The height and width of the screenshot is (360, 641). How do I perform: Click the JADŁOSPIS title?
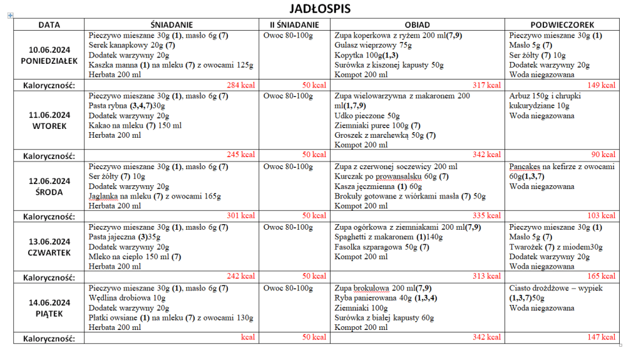click(x=320, y=9)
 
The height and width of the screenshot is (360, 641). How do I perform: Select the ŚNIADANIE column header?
click(x=171, y=25)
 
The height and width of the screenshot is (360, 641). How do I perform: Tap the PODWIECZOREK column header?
click(x=561, y=25)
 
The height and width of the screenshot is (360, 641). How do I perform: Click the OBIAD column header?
click(x=417, y=25)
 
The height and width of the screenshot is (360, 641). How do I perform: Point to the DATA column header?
click(x=49, y=25)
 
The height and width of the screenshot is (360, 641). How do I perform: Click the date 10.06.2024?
click(x=49, y=50)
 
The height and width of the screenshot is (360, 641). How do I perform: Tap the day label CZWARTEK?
click(x=49, y=253)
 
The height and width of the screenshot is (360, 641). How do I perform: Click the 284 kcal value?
click(x=241, y=85)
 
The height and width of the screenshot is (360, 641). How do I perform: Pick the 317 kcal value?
click(x=486, y=85)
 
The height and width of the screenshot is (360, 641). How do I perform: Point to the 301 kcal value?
click(x=241, y=215)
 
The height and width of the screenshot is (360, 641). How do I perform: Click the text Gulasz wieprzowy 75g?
click(x=373, y=46)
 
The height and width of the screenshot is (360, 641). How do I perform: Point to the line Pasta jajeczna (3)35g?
click(x=124, y=237)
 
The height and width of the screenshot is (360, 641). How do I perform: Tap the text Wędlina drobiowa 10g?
click(x=127, y=299)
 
